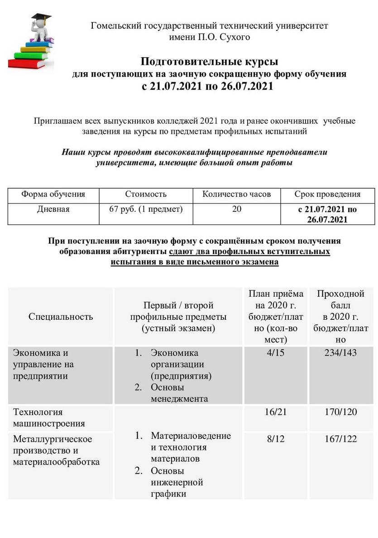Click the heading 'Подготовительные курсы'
[209, 61]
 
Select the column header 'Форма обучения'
[53, 194]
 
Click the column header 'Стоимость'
[146, 194]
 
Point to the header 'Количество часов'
[236, 194]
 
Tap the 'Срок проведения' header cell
[327, 194]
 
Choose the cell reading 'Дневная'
[53, 209]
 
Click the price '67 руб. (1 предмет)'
[146, 209]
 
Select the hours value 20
[237, 209]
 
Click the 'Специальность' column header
[61, 316]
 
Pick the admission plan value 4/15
[276, 352]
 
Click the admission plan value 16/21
[276, 412]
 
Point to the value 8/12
[276, 439]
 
